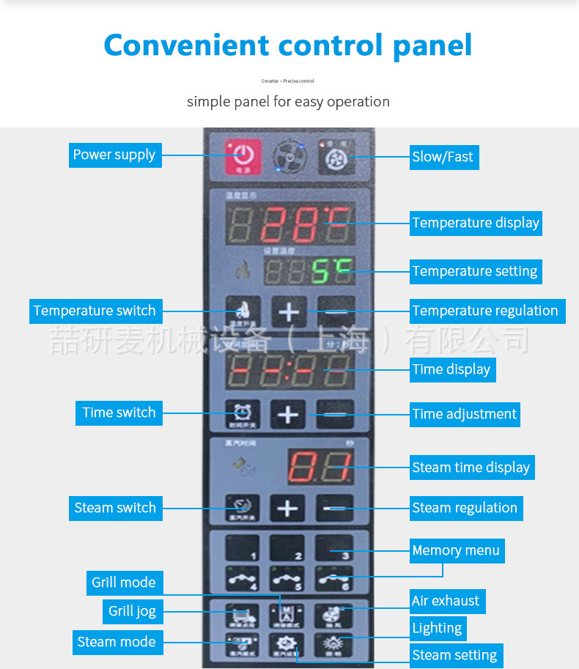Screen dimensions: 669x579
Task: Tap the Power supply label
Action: (x=114, y=155)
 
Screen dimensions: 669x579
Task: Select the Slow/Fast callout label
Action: (x=443, y=156)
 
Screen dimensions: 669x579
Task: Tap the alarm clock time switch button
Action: (x=242, y=415)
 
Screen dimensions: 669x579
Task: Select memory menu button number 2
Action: (x=287, y=547)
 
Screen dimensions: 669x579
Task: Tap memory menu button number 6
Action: (x=334, y=577)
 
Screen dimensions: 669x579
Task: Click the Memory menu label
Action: (x=456, y=550)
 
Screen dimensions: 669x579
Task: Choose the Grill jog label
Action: (x=132, y=611)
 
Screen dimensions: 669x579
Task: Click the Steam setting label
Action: (x=454, y=655)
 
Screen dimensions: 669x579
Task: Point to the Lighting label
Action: (x=437, y=628)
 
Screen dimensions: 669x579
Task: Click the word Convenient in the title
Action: (x=186, y=45)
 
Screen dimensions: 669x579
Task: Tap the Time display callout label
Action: (x=451, y=369)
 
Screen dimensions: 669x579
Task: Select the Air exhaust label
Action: (x=446, y=601)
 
